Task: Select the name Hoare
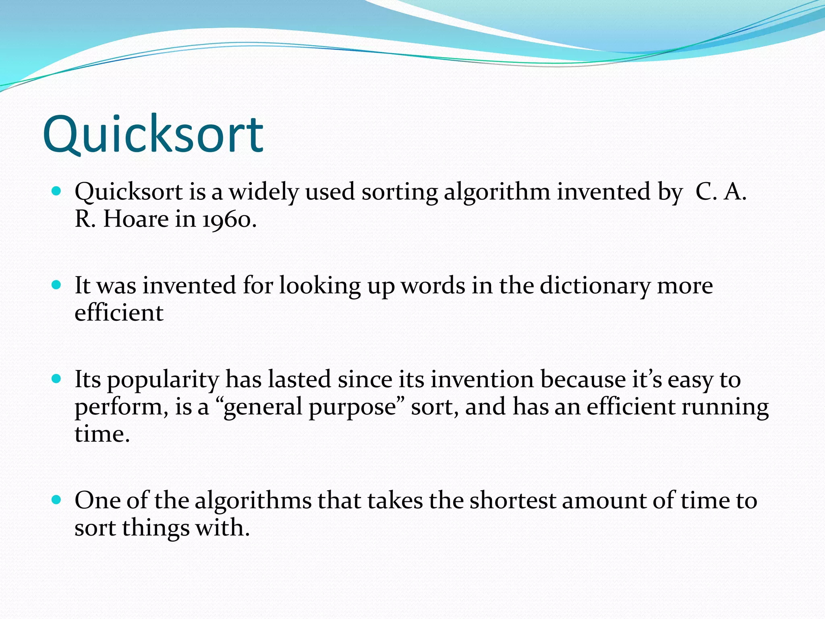click(x=136, y=219)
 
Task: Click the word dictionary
click(x=595, y=287)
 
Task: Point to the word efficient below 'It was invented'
click(x=119, y=313)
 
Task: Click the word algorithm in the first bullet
click(x=497, y=192)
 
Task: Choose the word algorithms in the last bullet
click(x=253, y=501)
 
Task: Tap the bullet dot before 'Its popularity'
click(x=56, y=379)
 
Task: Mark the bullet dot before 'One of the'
click(x=56, y=500)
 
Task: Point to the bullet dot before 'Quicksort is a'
click(x=56, y=191)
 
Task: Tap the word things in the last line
click(x=155, y=528)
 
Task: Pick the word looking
click(x=320, y=287)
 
